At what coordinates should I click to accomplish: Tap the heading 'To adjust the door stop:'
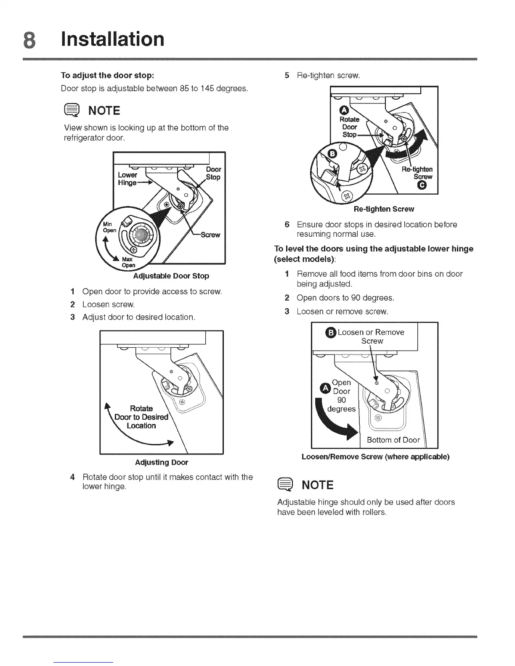[x=108, y=76]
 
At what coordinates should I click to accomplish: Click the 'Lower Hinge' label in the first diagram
[x=127, y=179]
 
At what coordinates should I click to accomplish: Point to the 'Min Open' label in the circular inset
[x=109, y=227]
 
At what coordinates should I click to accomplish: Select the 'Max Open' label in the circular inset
[x=128, y=262]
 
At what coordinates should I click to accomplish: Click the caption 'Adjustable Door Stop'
[x=171, y=276]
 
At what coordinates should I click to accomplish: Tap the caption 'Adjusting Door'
[x=162, y=462]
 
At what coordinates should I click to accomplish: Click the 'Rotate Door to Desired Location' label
[x=141, y=417]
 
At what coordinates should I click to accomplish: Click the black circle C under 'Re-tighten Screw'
[x=423, y=186]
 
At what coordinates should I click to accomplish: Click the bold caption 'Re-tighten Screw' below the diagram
[x=384, y=209]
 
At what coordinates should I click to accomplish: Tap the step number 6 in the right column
[x=287, y=225]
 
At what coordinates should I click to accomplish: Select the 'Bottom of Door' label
[x=393, y=440]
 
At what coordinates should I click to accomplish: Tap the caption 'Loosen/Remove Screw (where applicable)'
[x=376, y=457]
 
